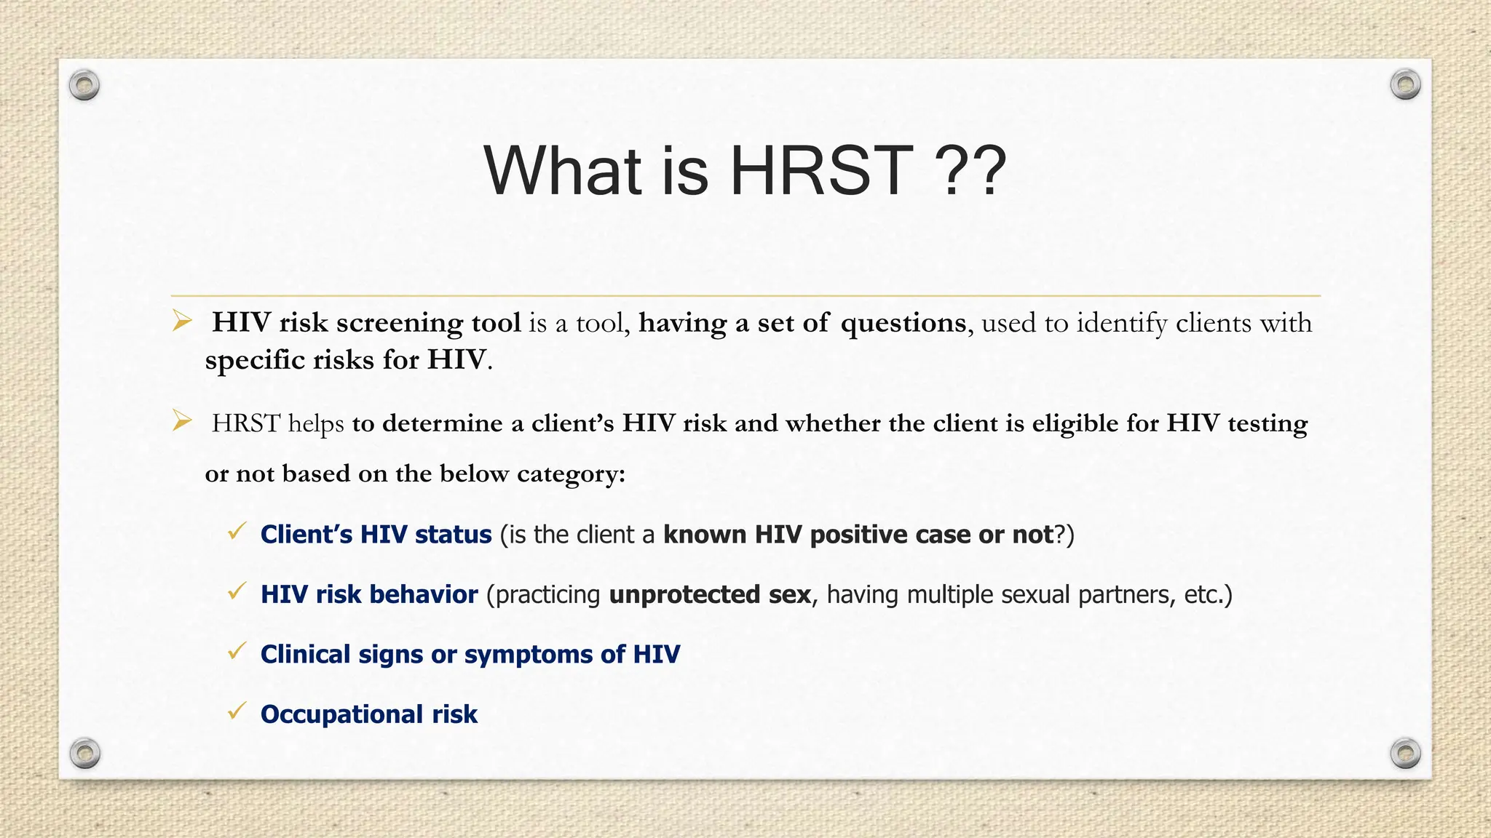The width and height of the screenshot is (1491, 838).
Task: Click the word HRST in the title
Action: tap(821, 172)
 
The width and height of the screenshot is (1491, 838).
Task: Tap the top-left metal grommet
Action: tap(84, 85)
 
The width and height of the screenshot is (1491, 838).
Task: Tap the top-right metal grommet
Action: tap(1405, 85)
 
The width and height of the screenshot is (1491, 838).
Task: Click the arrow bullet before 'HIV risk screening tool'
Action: tap(182, 321)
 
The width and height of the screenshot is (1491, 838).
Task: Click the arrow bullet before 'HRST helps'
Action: tap(182, 420)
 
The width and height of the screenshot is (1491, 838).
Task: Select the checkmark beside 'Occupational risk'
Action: tap(237, 711)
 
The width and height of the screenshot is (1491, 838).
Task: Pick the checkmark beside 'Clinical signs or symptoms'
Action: tap(237, 651)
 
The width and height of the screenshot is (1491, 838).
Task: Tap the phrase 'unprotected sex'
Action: tap(710, 595)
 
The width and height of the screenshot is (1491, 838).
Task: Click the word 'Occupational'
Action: tap(341, 715)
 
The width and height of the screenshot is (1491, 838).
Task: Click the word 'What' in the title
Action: tap(563, 172)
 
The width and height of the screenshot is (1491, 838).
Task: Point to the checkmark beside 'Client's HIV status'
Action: tap(237, 532)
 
